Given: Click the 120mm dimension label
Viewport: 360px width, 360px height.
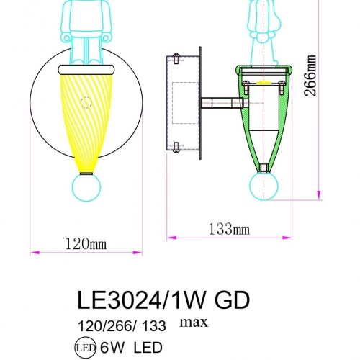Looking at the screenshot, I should (x=85, y=245).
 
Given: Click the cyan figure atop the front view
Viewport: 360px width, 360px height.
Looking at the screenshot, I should (x=87, y=29).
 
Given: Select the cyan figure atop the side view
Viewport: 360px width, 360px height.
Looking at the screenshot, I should (x=263, y=29).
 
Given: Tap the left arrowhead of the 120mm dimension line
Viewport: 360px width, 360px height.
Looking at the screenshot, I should (x=32, y=253).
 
